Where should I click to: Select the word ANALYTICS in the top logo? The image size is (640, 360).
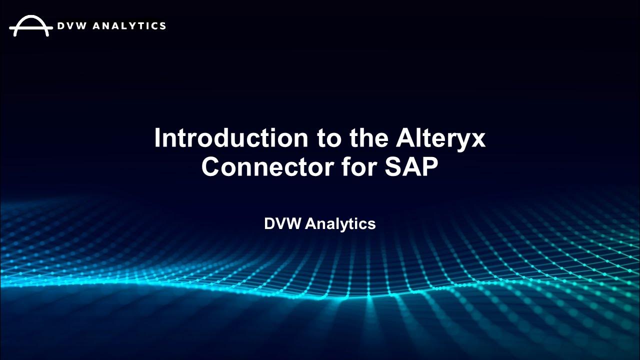pos(131,25)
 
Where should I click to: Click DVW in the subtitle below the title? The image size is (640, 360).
pos(282,223)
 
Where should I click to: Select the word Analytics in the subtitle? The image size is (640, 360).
pos(340,224)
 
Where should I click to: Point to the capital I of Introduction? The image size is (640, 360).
pos(158,137)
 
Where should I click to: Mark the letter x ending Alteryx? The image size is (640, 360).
pos(478,140)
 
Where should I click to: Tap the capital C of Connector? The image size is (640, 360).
pos(212,166)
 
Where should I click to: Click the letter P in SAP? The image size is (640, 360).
pos(429,166)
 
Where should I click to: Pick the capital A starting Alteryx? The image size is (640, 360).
pos(405,137)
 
